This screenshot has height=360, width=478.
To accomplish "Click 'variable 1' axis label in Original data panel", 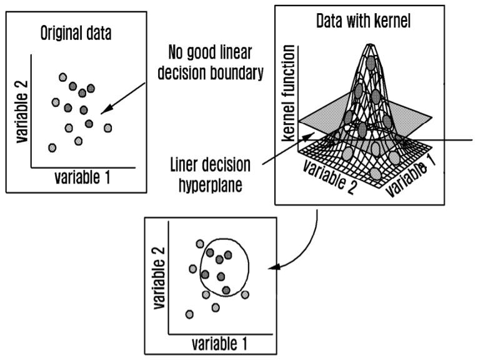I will [x=81, y=177].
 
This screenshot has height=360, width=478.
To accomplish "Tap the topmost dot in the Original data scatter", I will [x=62, y=77].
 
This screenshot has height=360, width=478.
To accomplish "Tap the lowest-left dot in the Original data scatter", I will [x=52, y=147].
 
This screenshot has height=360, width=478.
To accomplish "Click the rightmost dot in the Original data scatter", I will [x=108, y=128].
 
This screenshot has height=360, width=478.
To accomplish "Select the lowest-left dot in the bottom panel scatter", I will [x=189, y=314].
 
